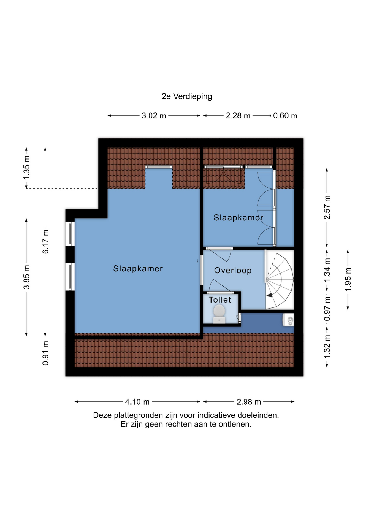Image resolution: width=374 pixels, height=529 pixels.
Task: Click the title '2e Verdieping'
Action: tap(187, 96)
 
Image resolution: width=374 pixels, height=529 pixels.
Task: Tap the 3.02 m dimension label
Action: tap(154, 116)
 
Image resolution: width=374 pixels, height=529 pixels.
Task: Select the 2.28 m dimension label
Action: tap(238, 116)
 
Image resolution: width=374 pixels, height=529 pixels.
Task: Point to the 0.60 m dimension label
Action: tap(285, 116)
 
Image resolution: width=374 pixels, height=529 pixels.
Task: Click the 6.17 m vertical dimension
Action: tap(45, 242)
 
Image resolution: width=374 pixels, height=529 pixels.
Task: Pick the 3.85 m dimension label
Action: tap(26, 277)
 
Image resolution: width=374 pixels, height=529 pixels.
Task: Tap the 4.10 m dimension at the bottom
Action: tap(137, 402)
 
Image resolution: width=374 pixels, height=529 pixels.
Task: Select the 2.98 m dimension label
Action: tap(249, 402)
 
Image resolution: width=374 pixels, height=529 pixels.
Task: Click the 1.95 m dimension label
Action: tap(348, 279)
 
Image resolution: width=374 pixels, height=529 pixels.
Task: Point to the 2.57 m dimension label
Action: tap(327, 207)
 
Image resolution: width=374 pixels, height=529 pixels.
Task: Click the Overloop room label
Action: tap(233, 271)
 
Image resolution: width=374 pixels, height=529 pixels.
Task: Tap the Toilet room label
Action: tap(220, 300)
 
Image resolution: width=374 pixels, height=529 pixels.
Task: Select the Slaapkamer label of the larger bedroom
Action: tap(138, 269)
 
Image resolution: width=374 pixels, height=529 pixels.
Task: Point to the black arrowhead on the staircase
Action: tap(269, 295)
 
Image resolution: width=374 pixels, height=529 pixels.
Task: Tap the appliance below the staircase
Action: tap(288, 320)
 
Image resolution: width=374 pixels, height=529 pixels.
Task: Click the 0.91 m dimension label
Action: tap(45, 353)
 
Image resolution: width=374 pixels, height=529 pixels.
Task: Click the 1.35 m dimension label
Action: tap(26, 168)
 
